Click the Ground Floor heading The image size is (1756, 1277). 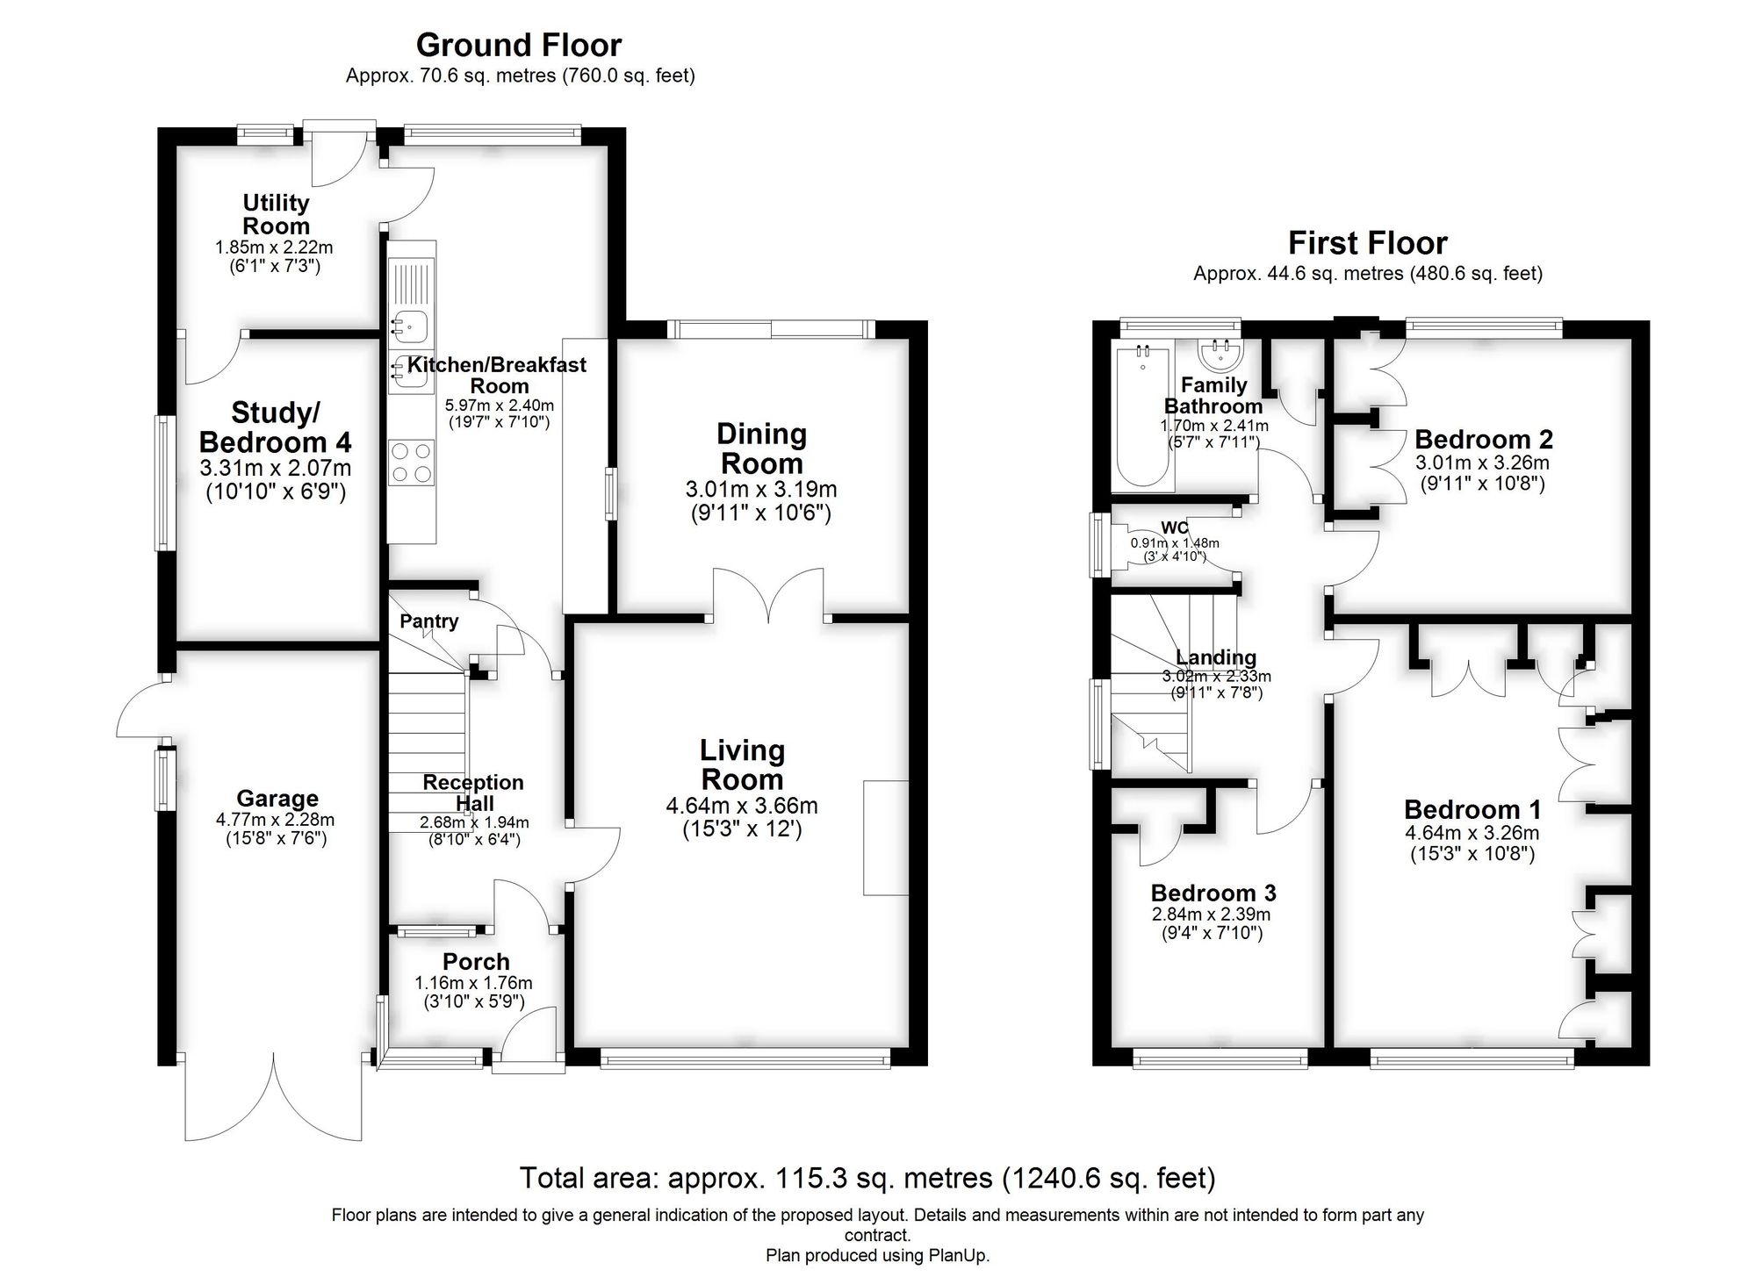point(518,45)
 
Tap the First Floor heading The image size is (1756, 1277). point(1367,242)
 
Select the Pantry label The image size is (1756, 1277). point(428,621)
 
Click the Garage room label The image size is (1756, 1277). point(277,799)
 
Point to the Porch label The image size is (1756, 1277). point(475,962)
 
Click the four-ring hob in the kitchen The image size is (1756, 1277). point(412,462)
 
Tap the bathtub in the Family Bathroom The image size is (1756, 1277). point(1142,417)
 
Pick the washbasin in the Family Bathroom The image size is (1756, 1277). point(1220,355)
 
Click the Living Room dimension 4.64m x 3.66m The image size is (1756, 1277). point(741,806)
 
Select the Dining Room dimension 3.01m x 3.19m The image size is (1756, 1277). point(760,490)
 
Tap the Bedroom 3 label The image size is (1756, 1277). point(1213,893)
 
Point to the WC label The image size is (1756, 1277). point(1174,527)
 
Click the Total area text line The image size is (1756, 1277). point(867,1178)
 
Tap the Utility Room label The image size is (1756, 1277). point(276,214)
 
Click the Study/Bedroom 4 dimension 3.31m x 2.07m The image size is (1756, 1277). point(275,469)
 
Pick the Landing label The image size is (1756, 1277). point(1215,657)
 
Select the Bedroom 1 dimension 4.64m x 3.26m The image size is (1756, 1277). point(1472,833)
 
